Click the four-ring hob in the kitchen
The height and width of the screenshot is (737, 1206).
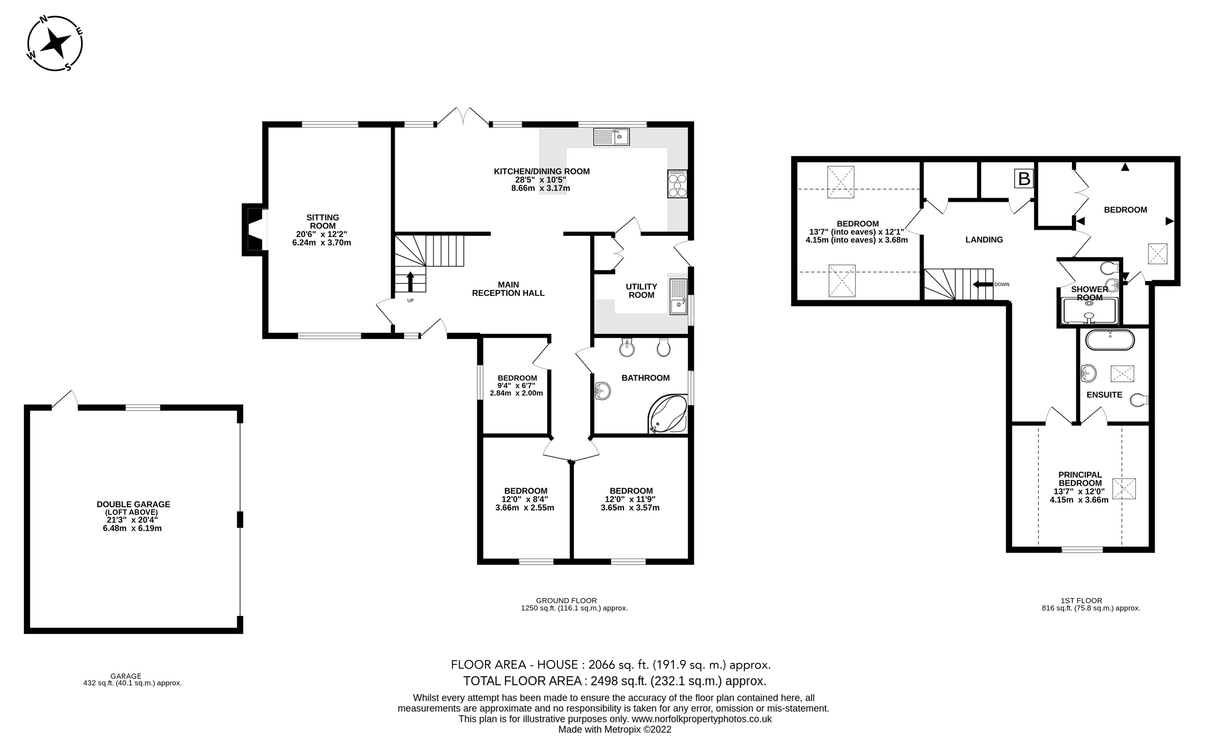tap(677, 184)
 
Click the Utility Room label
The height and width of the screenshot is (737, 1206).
tap(641, 291)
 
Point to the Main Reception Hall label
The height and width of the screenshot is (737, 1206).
tap(508, 289)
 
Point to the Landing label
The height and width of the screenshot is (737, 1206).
tap(984, 240)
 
